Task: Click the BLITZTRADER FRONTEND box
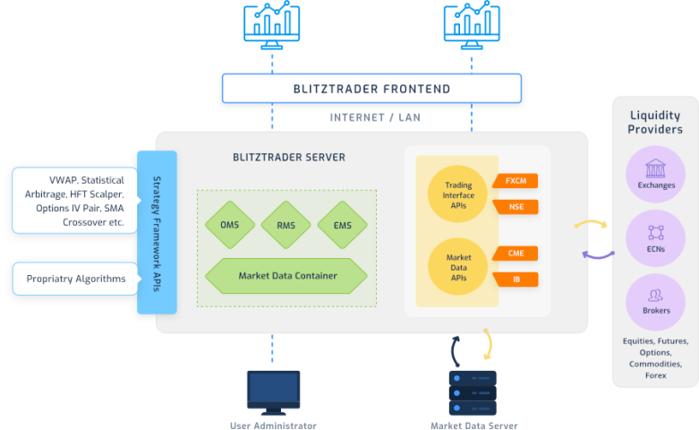click(371, 89)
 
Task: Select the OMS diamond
click(229, 226)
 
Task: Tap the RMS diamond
click(286, 226)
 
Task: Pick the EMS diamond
click(342, 226)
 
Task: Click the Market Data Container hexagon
click(286, 275)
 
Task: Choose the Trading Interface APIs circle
click(458, 192)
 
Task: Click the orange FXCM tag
click(516, 180)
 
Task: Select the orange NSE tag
click(516, 207)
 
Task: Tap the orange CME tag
click(516, 254)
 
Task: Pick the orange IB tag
click(516, 279)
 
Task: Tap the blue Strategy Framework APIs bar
click(157, 232)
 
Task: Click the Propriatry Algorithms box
click(75, 279)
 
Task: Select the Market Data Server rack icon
click(473, 391)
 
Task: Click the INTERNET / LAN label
click(375, 117)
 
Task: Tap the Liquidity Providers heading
click(655, 122)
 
